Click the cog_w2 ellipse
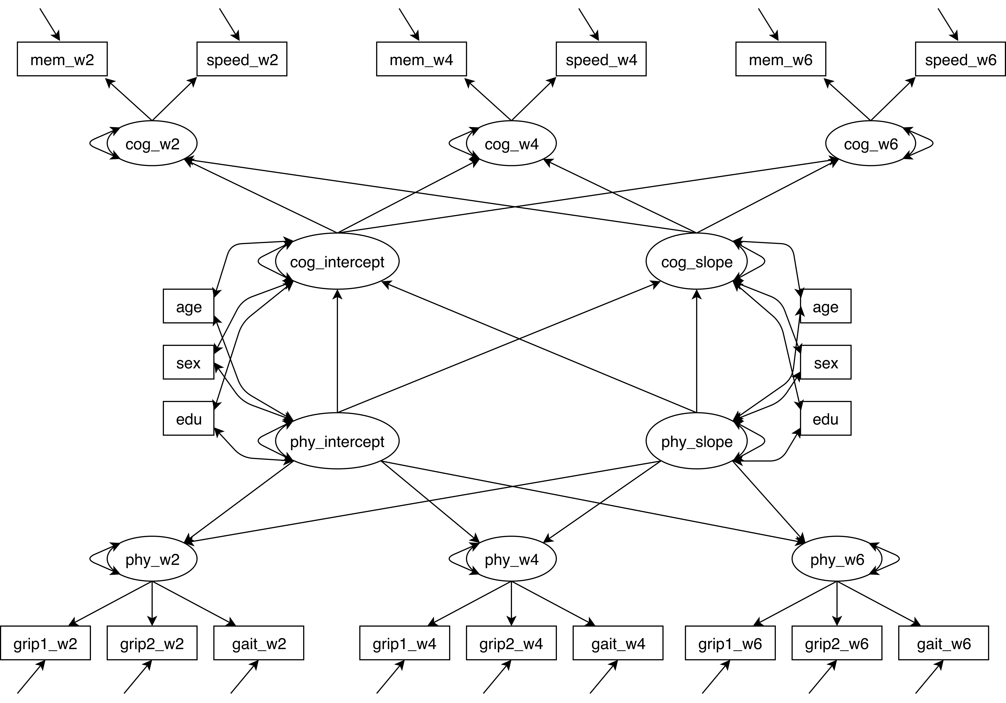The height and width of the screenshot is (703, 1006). tap(152, 143)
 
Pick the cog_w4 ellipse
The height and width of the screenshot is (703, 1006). tap(511, 143)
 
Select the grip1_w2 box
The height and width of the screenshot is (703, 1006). tap(45, 643)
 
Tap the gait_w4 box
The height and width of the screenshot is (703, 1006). tap(618, 643)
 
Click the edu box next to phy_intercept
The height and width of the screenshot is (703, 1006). tap(188, 419)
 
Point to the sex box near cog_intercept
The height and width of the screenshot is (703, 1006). tap(188, 363)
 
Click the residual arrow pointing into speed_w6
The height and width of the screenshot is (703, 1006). tap(947, 24)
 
